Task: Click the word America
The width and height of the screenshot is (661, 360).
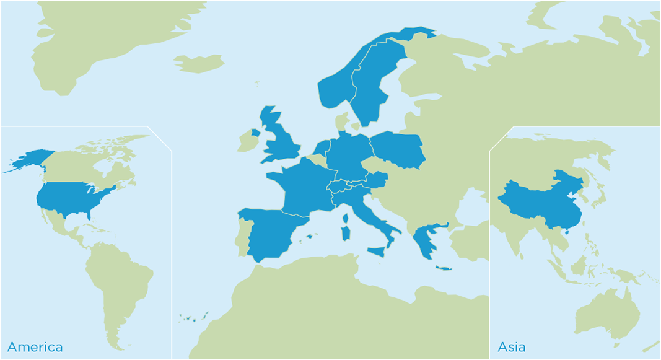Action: pos(35,347)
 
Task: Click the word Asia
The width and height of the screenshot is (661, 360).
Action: pos(512,347)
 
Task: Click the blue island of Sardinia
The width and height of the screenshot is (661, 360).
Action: pos(344,234)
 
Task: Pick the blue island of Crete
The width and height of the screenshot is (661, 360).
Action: pos(444,268)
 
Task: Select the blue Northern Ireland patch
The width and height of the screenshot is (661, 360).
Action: pos(255,133)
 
